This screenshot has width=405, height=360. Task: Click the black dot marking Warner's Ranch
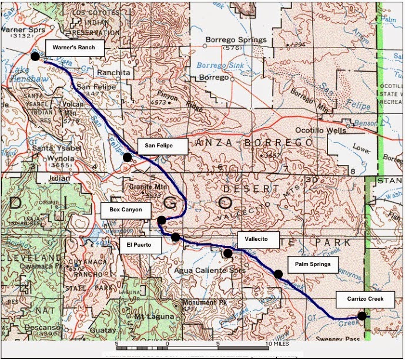[35, 56]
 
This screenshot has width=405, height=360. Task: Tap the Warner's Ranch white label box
[74, 46]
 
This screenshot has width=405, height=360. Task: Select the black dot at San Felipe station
[128, 157]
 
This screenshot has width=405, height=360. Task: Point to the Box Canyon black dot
[161, 220]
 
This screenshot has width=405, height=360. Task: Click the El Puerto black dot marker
[175, 237]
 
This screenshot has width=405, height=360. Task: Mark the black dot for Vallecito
[227, 253]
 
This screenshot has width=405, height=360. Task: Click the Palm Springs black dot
[278, 274]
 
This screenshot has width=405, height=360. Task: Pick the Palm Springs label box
[313, 264]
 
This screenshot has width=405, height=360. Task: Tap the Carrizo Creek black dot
[362, 315]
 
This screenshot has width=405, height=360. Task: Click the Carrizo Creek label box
[364, 300]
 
